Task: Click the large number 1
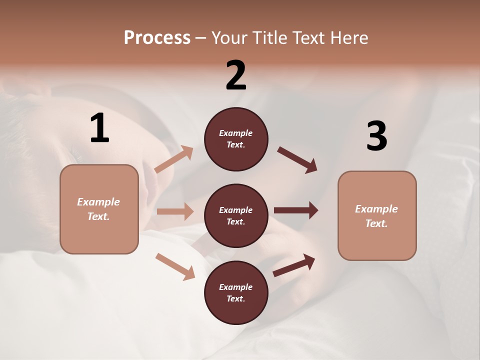(x=99, y=128)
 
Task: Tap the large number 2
(x=236, y=75)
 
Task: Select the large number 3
(x=376, y=136)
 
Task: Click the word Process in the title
(x=157, y=37)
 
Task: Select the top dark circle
(x=236, y=139)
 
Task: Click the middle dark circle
(x=236, y=215)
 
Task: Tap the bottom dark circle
(x=236, y=292)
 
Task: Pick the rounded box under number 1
(x=99, y=209)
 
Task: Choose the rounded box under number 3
(x=377, y=215)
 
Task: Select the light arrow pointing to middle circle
(x=175, y=211)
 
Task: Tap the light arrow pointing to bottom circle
(x=175, y=266)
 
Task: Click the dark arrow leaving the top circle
(x=297, y=160)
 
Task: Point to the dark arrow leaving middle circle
(x=296, y=210)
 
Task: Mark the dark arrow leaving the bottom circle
(x=294, y=265)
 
